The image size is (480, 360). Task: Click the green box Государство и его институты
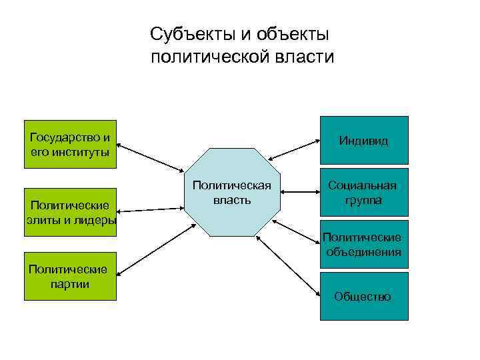point(69,144)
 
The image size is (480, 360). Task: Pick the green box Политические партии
point(69,276)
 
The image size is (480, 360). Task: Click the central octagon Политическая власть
point(232,193)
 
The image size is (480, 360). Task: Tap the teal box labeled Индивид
point(363,141)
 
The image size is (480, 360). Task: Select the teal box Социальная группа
point(363,193)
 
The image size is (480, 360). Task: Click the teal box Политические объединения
point(363,244)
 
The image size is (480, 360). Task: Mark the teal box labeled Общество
point(363,296)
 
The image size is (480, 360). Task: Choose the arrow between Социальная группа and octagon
point(301,193)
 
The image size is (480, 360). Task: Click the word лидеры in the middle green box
point(97,221)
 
